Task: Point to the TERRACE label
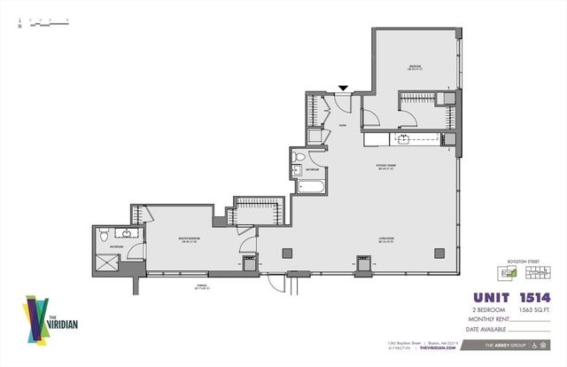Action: tap(201, 285)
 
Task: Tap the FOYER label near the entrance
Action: tap(340, 126)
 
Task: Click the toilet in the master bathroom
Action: tap(104, 236)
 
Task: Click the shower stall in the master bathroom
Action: tap(109, 262)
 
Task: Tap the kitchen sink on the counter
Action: tap(403, 139)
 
